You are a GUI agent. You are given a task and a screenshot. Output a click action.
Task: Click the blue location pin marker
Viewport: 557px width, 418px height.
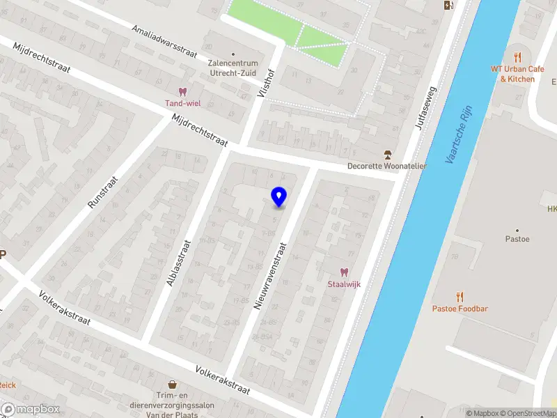(x=278, y=196)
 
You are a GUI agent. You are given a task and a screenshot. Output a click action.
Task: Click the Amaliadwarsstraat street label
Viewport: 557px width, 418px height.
(x=166, y=41)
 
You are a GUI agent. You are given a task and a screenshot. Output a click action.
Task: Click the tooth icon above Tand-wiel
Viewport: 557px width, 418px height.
(x=183, y=91)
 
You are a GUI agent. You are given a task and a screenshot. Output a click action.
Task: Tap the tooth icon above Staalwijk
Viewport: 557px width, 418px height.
(x=343, y=272)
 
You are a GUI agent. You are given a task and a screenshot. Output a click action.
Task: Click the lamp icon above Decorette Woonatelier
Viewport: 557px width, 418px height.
(x=388, y=154)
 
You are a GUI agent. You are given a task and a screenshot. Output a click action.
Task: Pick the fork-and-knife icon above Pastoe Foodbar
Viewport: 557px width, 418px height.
(x=459, y=296)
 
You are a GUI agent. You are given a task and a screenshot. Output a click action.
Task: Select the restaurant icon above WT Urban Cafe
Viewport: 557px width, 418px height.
(x=517, y=56)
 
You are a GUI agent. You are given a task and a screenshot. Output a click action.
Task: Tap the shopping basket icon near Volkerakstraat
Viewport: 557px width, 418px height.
(x=171, y=384)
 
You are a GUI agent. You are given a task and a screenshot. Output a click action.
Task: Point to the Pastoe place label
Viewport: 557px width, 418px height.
(x=517, y=239)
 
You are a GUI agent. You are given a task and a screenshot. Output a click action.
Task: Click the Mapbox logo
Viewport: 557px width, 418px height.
(x=31, y=410)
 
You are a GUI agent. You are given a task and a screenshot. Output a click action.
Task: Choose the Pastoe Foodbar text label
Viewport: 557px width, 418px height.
(x=459, y=309)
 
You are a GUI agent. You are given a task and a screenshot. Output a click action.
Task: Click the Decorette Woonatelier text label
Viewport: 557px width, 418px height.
(x=388, y=166)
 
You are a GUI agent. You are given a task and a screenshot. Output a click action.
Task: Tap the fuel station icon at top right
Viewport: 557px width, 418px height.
(x=448, y=6)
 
